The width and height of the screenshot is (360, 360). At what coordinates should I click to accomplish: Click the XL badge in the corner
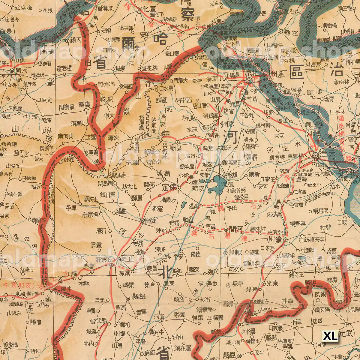[330, 336]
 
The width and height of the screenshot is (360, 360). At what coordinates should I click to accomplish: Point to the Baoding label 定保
[169, 188]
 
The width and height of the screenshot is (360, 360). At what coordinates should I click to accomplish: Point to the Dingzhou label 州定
[151, 222]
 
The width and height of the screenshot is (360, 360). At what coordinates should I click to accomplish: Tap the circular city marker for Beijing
[249, 80]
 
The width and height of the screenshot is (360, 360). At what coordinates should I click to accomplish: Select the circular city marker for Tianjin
[316, 155]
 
